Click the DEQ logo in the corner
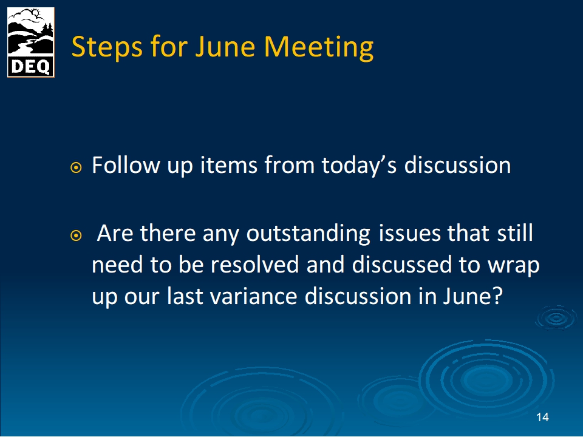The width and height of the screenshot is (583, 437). pos(31,42)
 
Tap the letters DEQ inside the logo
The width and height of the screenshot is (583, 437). pos(31,67)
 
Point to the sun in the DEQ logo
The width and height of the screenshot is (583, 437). pos(36,13)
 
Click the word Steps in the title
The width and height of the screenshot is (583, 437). pos(107,47)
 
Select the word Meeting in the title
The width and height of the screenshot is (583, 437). pos(319,47)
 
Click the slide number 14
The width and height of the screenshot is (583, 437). pos(542,418)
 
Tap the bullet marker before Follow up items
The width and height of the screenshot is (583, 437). pos(76,168)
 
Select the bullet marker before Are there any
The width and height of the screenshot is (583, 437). pos(76,235)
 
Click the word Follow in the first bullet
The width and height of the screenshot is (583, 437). pos(126,165)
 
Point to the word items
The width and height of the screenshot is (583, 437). pos(229,165)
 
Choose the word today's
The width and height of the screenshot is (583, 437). pos(359,166)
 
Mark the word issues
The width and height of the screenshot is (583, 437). pos(409,233)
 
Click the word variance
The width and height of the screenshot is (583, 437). pos(254,297)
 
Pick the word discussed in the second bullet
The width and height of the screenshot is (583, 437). pos(401,265)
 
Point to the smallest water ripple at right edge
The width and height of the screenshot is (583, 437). pos(556,318)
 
